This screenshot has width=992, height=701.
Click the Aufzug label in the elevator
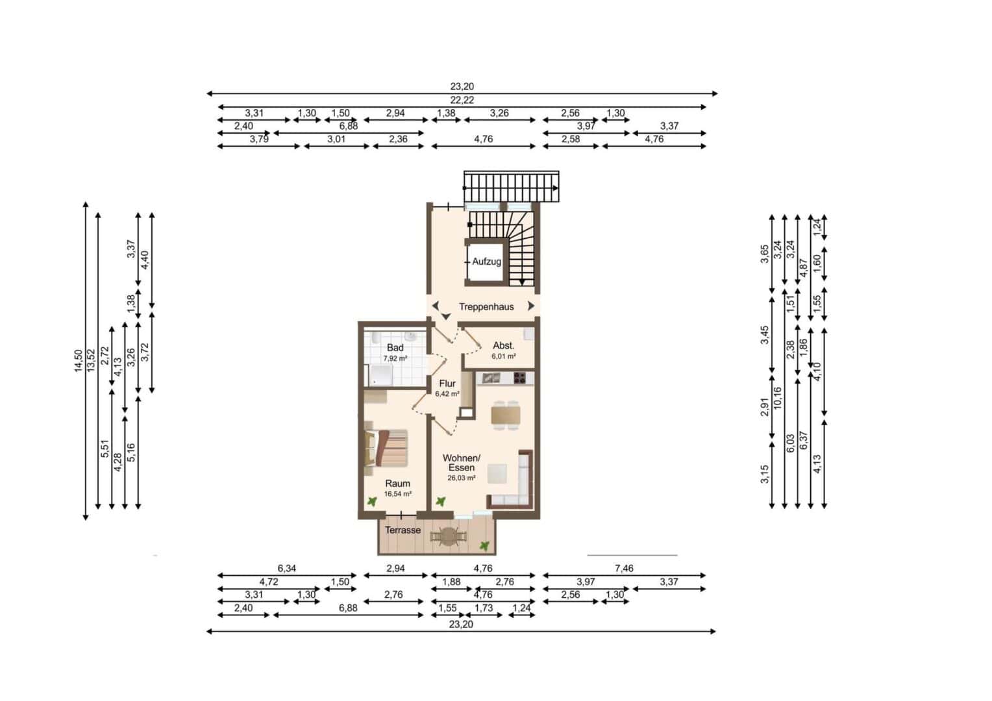tap(487, 262)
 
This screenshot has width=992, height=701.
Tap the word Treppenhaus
tap(486, 307)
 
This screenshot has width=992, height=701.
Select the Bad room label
tap(395, 348)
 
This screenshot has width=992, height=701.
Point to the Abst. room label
tap(504, 345)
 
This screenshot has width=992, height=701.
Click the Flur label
tap(447, 384)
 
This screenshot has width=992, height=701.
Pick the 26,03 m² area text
tap(462, 478)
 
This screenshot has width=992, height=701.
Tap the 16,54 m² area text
tap(398, 494)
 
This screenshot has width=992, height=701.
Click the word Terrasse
tap(403, 530)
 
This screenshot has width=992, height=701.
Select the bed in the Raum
tap(386, 447)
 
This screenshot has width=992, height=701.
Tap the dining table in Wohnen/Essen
tap(506, 415)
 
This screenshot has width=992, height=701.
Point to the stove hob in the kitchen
tap(520, 378)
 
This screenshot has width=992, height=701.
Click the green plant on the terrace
tap(486, 546)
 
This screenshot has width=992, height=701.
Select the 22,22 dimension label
tap(462, 100)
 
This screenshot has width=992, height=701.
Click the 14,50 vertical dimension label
tap(78, 361)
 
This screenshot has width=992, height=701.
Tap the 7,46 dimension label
tap(624, 568)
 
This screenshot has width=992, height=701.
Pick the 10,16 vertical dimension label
tap(778, 398)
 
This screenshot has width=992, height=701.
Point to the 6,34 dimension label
tap(286, 568)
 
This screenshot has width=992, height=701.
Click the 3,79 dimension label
tap(259, 139)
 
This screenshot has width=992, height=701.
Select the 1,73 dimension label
tap(484, 608)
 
